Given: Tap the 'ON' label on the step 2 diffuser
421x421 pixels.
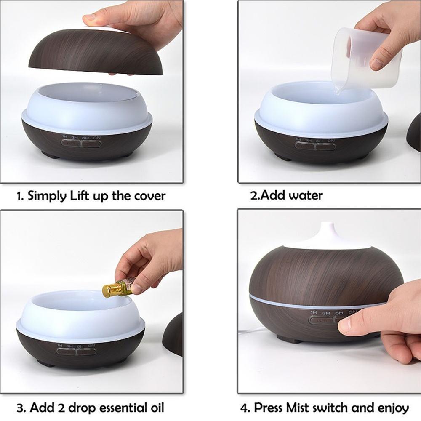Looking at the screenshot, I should point(331,140).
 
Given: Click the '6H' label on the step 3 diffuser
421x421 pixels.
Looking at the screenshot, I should point(80,345).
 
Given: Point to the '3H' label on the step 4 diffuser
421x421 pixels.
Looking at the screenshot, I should point(326,313).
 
